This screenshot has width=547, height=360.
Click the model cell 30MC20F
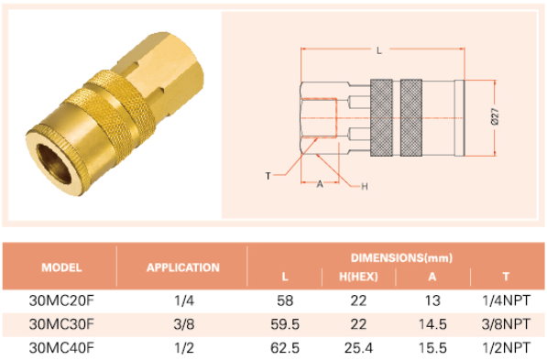pos(61,300)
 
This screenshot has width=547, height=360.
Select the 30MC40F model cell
pos(61,348)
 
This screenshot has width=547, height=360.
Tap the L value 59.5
pos(285,324)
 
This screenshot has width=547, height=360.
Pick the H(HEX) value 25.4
pos(358,348)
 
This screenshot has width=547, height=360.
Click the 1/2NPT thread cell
pos(506,348)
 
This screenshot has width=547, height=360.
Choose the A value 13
pos(432,300)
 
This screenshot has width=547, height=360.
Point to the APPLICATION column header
pos(183,267)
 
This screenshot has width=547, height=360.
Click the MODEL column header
pos(61,267)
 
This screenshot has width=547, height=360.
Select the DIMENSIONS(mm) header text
pos(401,257)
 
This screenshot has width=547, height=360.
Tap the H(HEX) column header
pos(358,277)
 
